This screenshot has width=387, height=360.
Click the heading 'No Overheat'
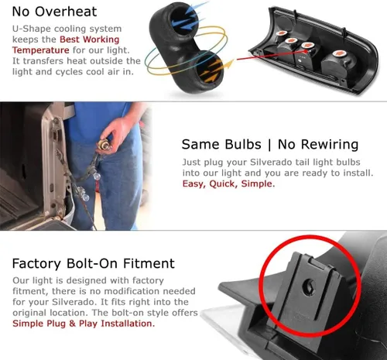[x=54, y=12]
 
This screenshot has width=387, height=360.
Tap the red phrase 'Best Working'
[x=90, y=39]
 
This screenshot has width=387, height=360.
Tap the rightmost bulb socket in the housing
[x=337, y=64]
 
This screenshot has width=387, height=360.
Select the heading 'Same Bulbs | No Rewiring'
[x=270, y=145]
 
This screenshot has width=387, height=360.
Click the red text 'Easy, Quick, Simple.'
[x=228, y=183]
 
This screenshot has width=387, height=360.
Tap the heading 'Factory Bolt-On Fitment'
[x=94, y=263]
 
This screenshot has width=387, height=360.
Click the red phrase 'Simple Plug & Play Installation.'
[x=84, y=324]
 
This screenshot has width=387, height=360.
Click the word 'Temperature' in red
[x=41, y=50]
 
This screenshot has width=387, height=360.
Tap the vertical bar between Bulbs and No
[x=269, y=145]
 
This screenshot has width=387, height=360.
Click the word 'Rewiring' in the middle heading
[x=330, y=145]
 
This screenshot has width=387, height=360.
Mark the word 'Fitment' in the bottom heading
[x=149, y=263]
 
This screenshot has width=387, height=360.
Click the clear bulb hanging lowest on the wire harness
[x=85, y=197]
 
